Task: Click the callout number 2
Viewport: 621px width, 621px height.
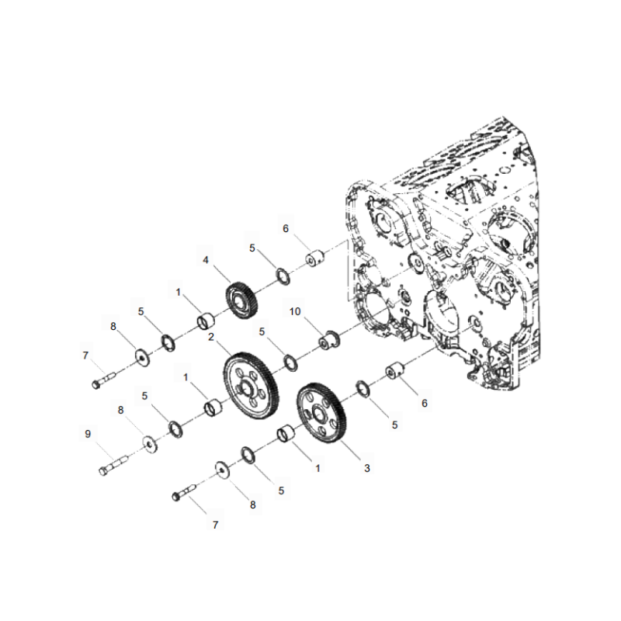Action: [210, 336]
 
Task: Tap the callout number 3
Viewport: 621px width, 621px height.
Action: [367, 468]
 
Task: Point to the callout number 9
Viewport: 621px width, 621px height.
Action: [88, 435]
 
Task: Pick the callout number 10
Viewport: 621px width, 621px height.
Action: [295, 311]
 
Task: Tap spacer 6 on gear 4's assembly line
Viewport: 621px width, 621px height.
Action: [316, 258]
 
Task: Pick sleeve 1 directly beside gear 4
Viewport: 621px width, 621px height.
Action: [206, 319]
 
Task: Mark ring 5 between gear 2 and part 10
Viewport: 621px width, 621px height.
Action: [290, 361]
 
